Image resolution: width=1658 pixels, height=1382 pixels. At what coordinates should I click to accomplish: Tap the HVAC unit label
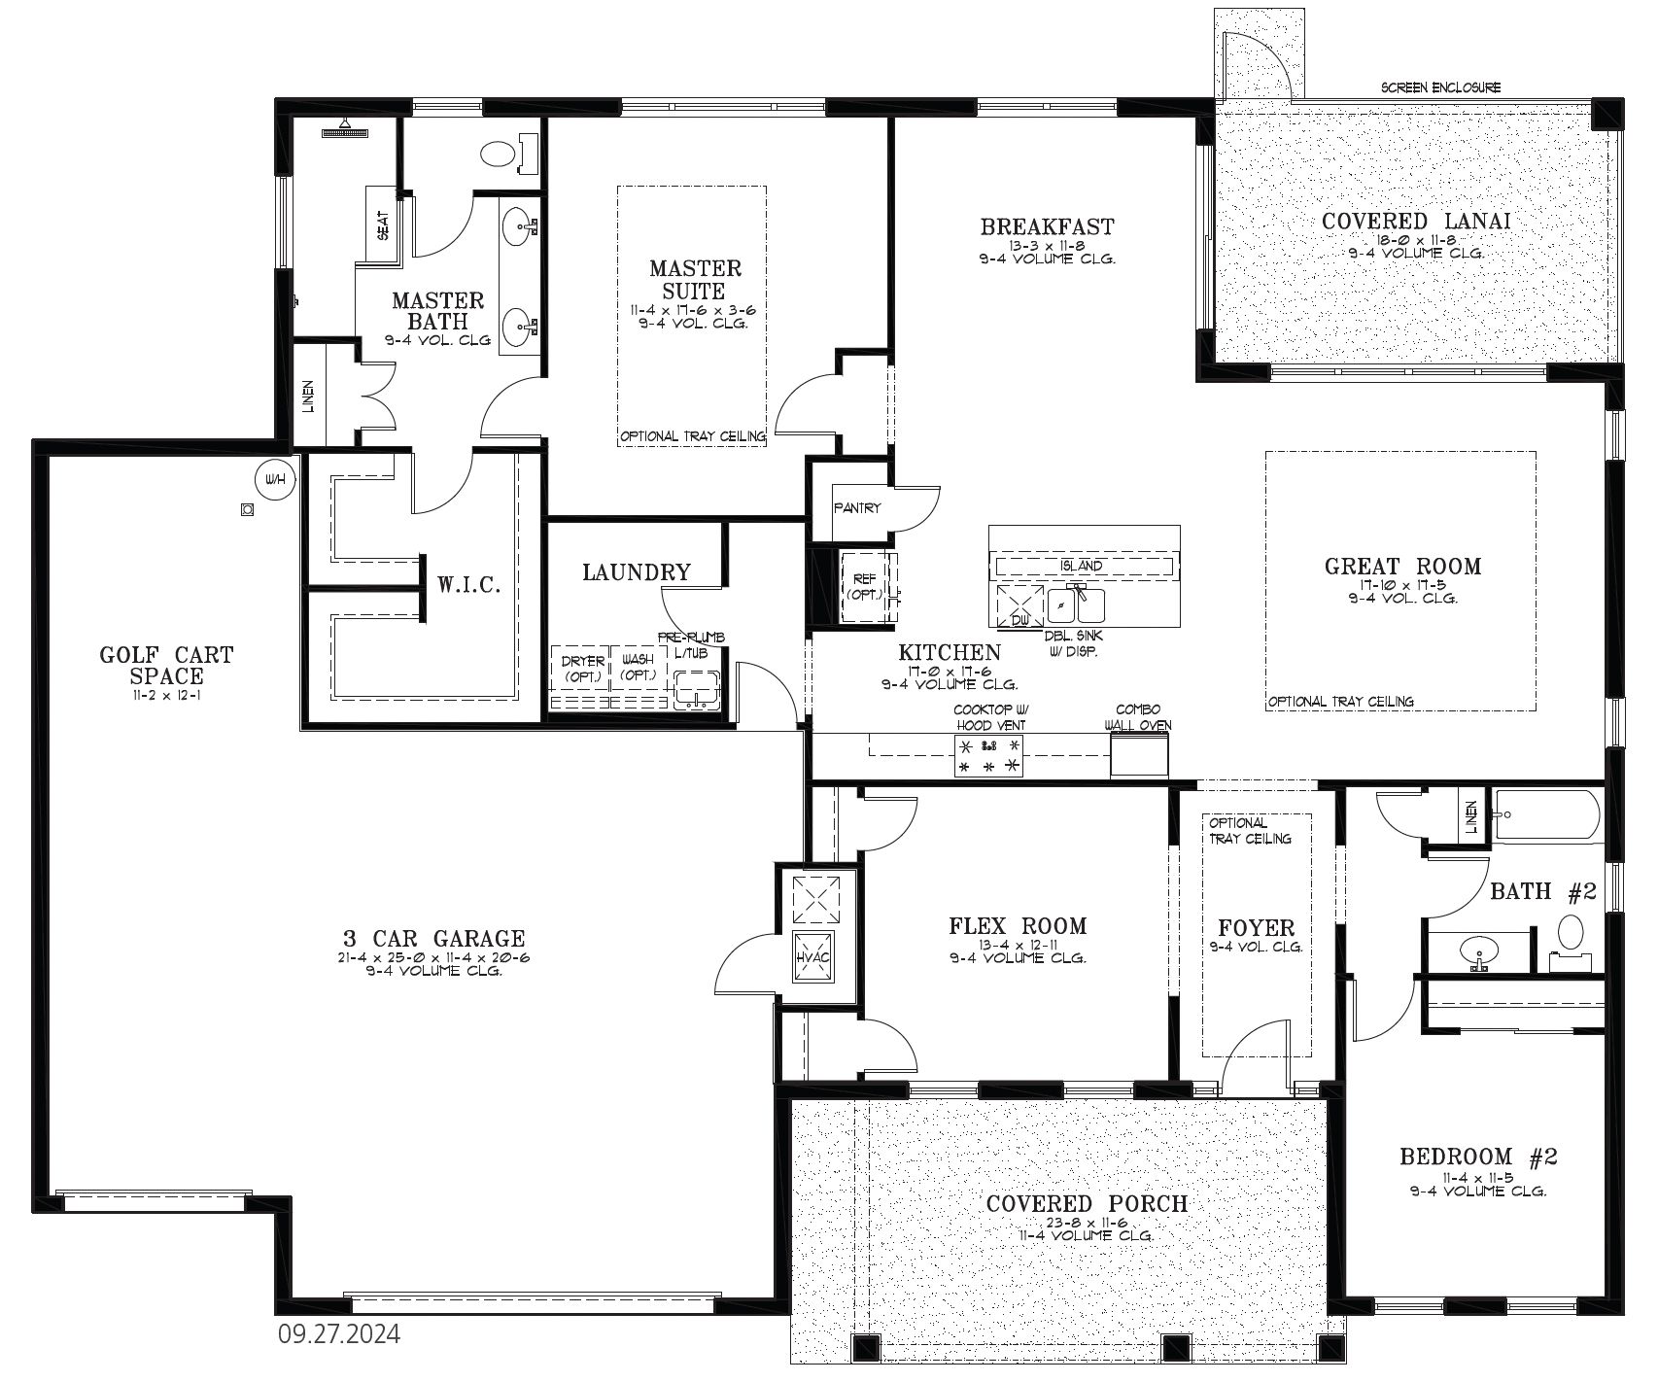813,956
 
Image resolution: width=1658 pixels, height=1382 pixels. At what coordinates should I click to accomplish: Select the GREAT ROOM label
1402,567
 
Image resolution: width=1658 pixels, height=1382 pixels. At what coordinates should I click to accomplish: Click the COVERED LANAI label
1416,222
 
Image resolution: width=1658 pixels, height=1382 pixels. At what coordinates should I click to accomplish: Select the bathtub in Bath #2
1546,814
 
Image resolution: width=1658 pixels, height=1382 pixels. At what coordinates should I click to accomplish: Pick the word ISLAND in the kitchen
1082,566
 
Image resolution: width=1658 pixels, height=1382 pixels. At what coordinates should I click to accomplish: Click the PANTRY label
857,507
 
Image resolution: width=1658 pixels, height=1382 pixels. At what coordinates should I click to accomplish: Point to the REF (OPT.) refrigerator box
864,587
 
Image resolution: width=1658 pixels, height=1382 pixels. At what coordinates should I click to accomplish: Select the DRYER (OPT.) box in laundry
583,668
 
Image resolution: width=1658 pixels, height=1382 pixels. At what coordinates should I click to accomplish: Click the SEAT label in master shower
383,225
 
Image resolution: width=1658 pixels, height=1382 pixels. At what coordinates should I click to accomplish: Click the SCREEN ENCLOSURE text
1440,87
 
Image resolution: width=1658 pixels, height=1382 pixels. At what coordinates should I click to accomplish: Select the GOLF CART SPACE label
166,666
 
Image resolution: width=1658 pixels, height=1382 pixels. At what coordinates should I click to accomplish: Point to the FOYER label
1257,928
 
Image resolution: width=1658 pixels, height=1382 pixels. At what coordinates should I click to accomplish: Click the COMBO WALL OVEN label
1137,717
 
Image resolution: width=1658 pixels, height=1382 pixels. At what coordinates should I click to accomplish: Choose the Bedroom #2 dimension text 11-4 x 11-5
1478,1177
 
